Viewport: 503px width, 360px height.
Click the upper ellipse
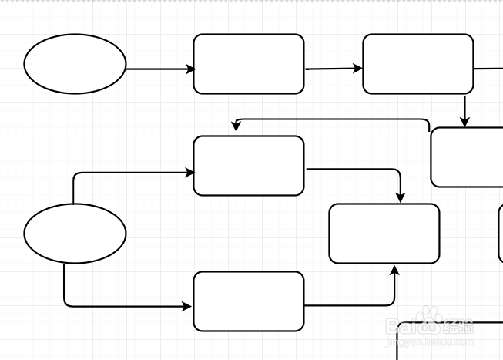coord(75,64)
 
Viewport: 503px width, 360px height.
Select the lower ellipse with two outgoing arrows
coord(75,233)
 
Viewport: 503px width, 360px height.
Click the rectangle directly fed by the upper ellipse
coord(248,64)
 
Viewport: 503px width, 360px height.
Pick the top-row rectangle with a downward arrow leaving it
coord(417,64)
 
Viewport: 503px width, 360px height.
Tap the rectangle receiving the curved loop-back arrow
coord(248,166)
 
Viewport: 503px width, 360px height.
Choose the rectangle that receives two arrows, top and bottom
coord(384,234)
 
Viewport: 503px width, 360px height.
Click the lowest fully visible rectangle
coord(248,301)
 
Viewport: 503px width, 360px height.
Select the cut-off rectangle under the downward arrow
coord(466,157)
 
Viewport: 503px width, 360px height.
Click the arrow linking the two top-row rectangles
coord(333,69)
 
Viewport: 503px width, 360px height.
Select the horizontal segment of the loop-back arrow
coord(331,119)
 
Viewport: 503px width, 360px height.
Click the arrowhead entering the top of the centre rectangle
coord(400,198)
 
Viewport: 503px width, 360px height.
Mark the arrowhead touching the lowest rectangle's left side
coord(187,306)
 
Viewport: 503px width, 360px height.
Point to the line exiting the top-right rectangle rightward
coord(488,69)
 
